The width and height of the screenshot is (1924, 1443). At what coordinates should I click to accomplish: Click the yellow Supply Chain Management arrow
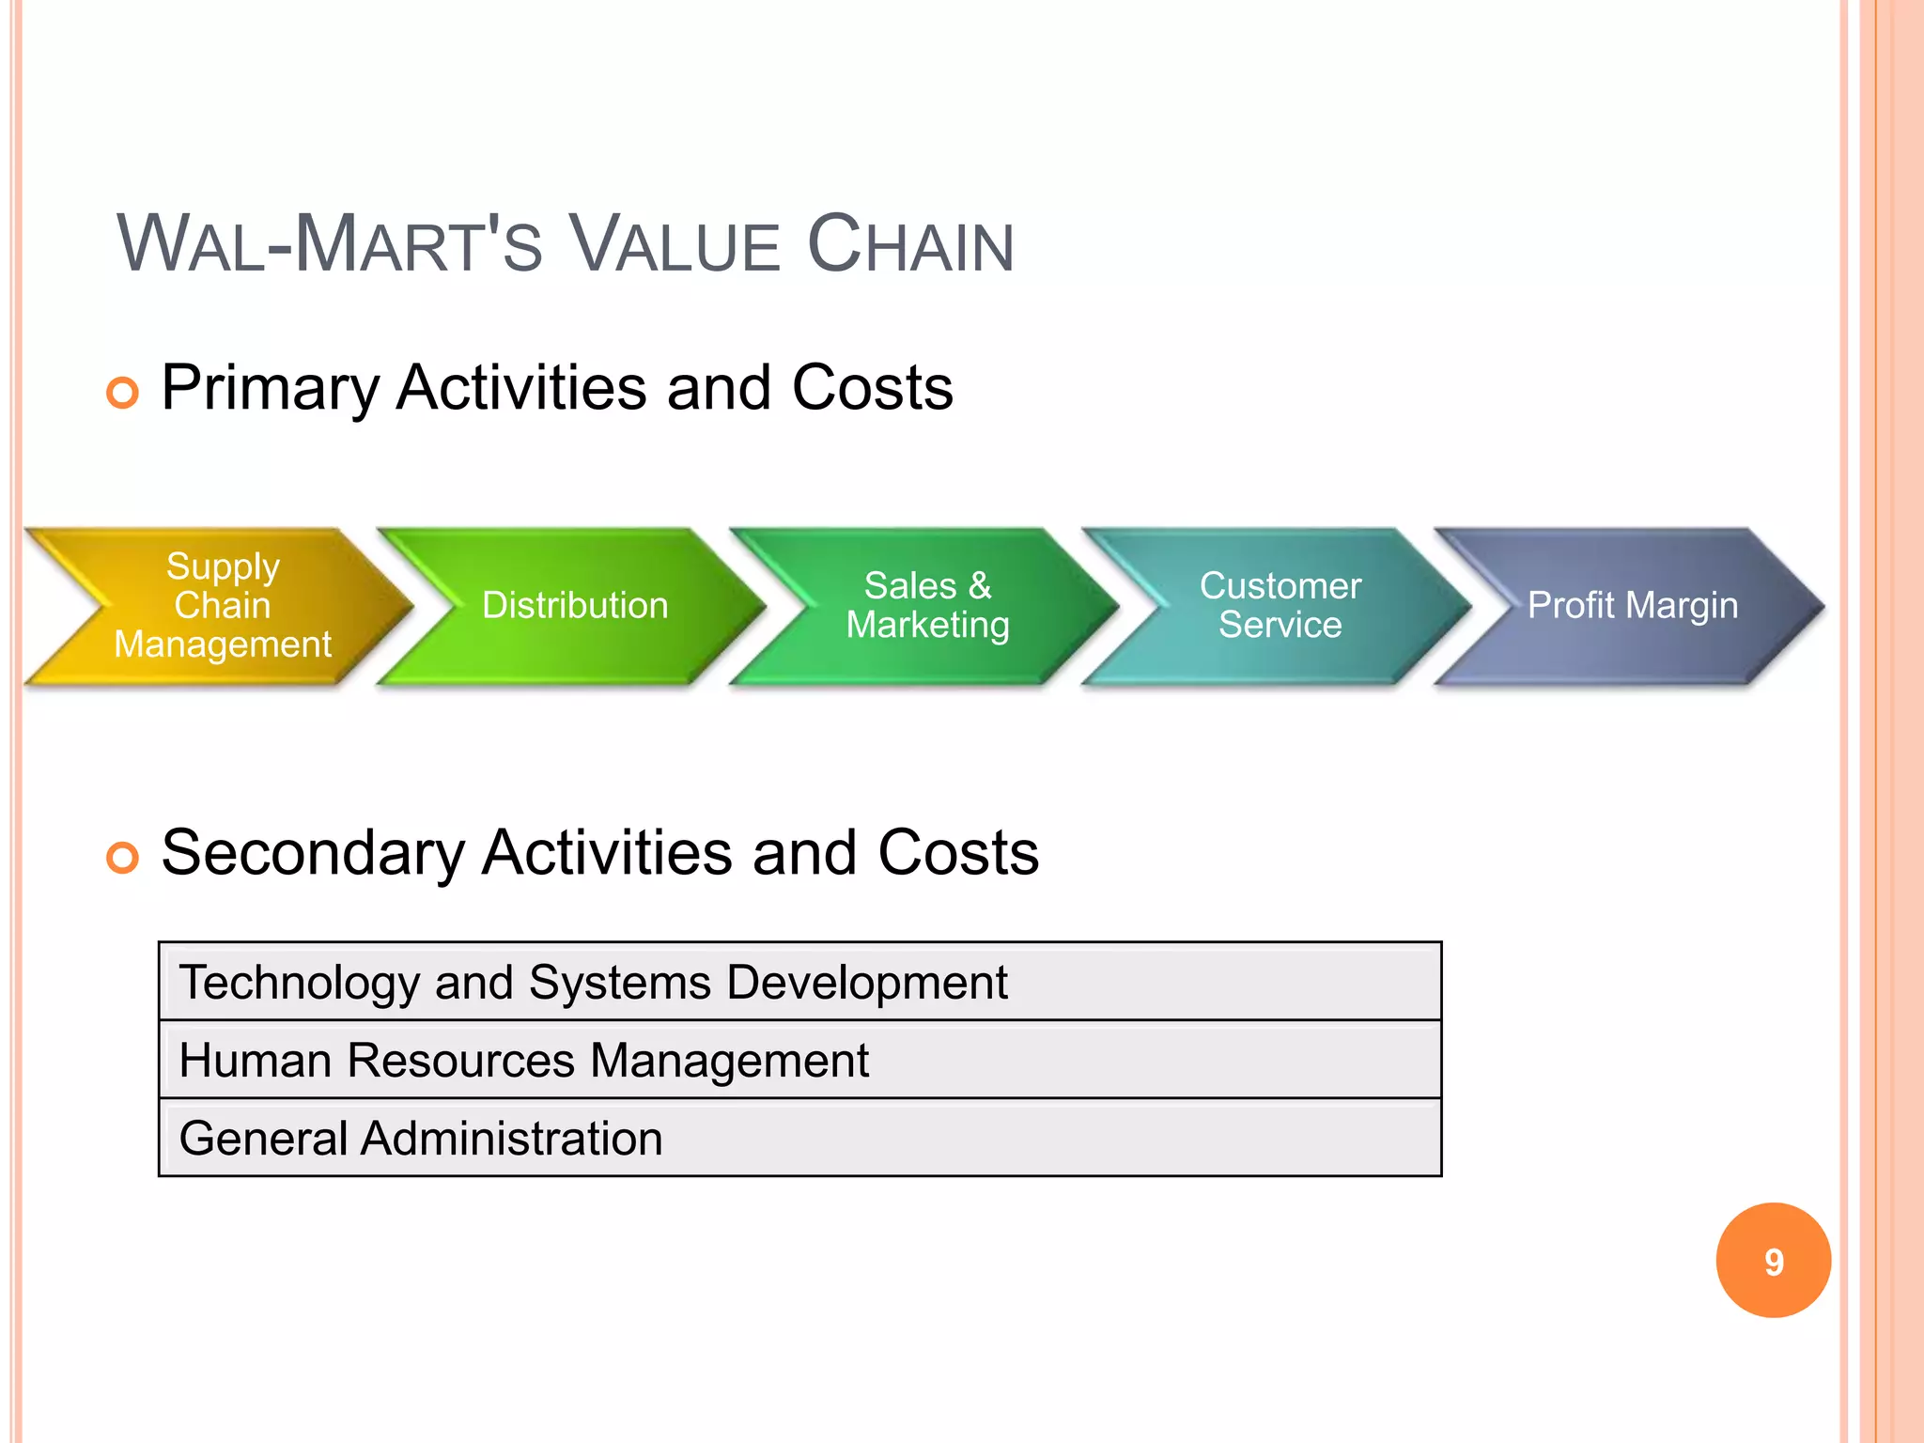pos(223,606)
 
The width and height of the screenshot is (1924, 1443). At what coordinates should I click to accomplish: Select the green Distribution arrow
pos(575,606)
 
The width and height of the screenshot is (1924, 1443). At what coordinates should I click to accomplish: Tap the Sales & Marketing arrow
pos(927,606)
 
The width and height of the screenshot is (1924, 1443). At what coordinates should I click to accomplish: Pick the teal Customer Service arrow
pos(1280,606)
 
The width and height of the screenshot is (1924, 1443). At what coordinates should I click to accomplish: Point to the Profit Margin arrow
pos(1633,606)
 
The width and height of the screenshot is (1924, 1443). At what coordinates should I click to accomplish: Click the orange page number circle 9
pos(1773,1261)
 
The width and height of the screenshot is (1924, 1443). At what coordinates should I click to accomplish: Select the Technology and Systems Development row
pos(799,982)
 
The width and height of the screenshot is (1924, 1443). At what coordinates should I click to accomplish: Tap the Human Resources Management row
pos(799,1060)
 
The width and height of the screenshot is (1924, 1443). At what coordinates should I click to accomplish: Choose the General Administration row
pos(799,1138)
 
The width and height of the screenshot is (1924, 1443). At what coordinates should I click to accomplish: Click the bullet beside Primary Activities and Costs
pos(122,392)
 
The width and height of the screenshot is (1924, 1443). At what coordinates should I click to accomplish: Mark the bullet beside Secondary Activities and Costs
pos(122,857)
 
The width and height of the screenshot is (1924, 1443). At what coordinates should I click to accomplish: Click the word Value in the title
pos(675,244)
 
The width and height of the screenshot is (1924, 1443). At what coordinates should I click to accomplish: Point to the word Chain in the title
pos(910,244)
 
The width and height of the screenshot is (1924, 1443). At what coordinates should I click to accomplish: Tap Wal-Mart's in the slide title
pos(330,244)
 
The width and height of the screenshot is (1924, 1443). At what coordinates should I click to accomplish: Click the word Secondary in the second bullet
pos(313,853)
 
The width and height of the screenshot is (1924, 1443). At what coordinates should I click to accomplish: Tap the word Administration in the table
pos(512,1139)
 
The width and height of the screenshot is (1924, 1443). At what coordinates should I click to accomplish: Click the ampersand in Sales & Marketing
pos(980,585)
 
